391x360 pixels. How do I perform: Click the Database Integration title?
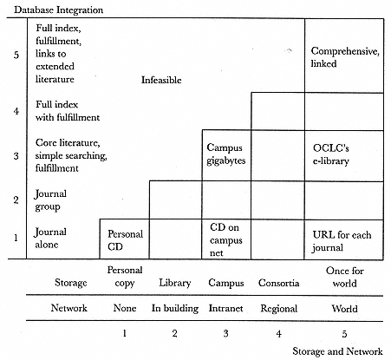[x=59, y=10]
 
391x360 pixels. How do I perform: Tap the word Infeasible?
[x=161, y=80]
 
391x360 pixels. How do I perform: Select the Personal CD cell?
[x=125, y=239]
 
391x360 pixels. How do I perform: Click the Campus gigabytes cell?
[x=226, y=155]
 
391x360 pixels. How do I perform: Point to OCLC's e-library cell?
[x=344, y=156]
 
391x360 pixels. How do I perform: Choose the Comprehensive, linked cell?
[x=344, y=56]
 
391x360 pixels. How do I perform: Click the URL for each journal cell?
[x=344, y=239]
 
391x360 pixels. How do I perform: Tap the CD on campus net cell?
[x=226, y=239]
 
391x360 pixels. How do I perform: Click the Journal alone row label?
[x=50, y=238]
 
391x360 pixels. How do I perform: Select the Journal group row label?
[x=50, y=200]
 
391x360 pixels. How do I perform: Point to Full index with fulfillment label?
[x=68, y=111]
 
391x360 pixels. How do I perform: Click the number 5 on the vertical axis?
[x=16, y=55]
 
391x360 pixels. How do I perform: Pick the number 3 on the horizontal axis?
[x=225, y=333]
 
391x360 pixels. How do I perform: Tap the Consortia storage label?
[x=278, y=283]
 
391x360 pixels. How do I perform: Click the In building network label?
[x=175, y=308]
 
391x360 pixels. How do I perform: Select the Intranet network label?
[x=225, y=308]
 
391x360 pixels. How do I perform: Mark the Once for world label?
[x=344, y=277]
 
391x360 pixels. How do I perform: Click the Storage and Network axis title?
[x=337, y=351]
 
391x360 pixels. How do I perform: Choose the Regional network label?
[x=278, y=309]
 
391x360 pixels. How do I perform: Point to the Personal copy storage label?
[x=125, y=277]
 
